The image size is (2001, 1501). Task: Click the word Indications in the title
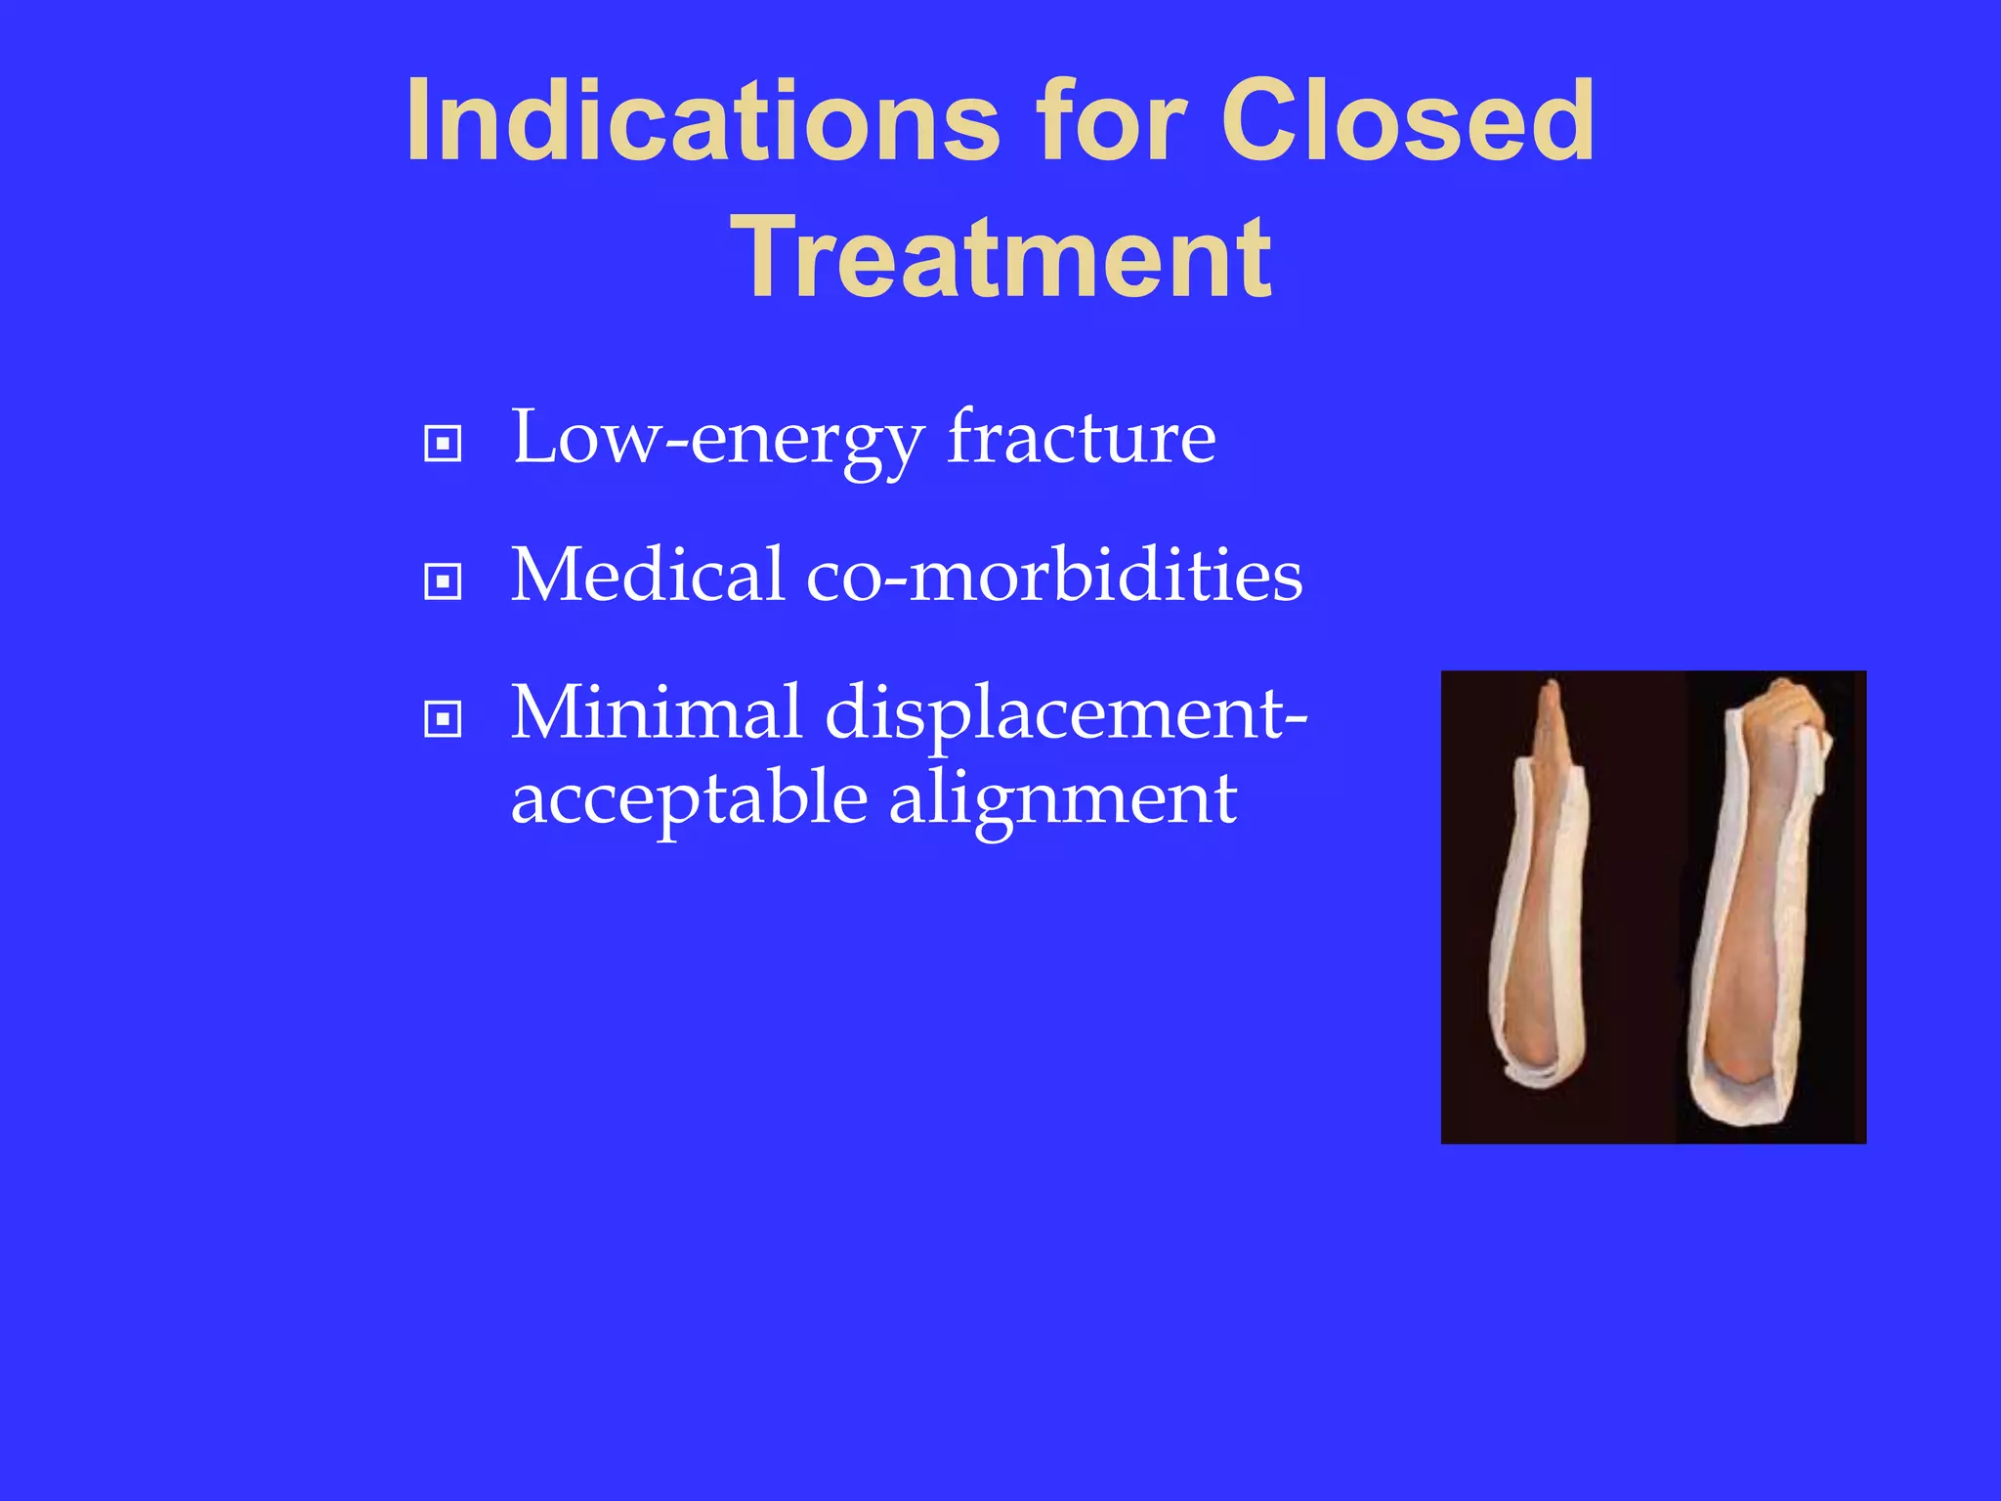click(702, 121)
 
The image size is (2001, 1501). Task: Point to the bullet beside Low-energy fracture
click(443, 445)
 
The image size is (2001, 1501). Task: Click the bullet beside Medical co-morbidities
click(443, 582)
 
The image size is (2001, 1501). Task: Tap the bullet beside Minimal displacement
click(443, 720)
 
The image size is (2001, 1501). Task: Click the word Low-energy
click(717, 440)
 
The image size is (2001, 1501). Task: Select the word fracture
click(1082, 438)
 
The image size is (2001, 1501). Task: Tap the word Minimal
click(657, 712)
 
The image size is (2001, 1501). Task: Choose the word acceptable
click(689, 799)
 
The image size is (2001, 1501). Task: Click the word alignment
click(1062, 799)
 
